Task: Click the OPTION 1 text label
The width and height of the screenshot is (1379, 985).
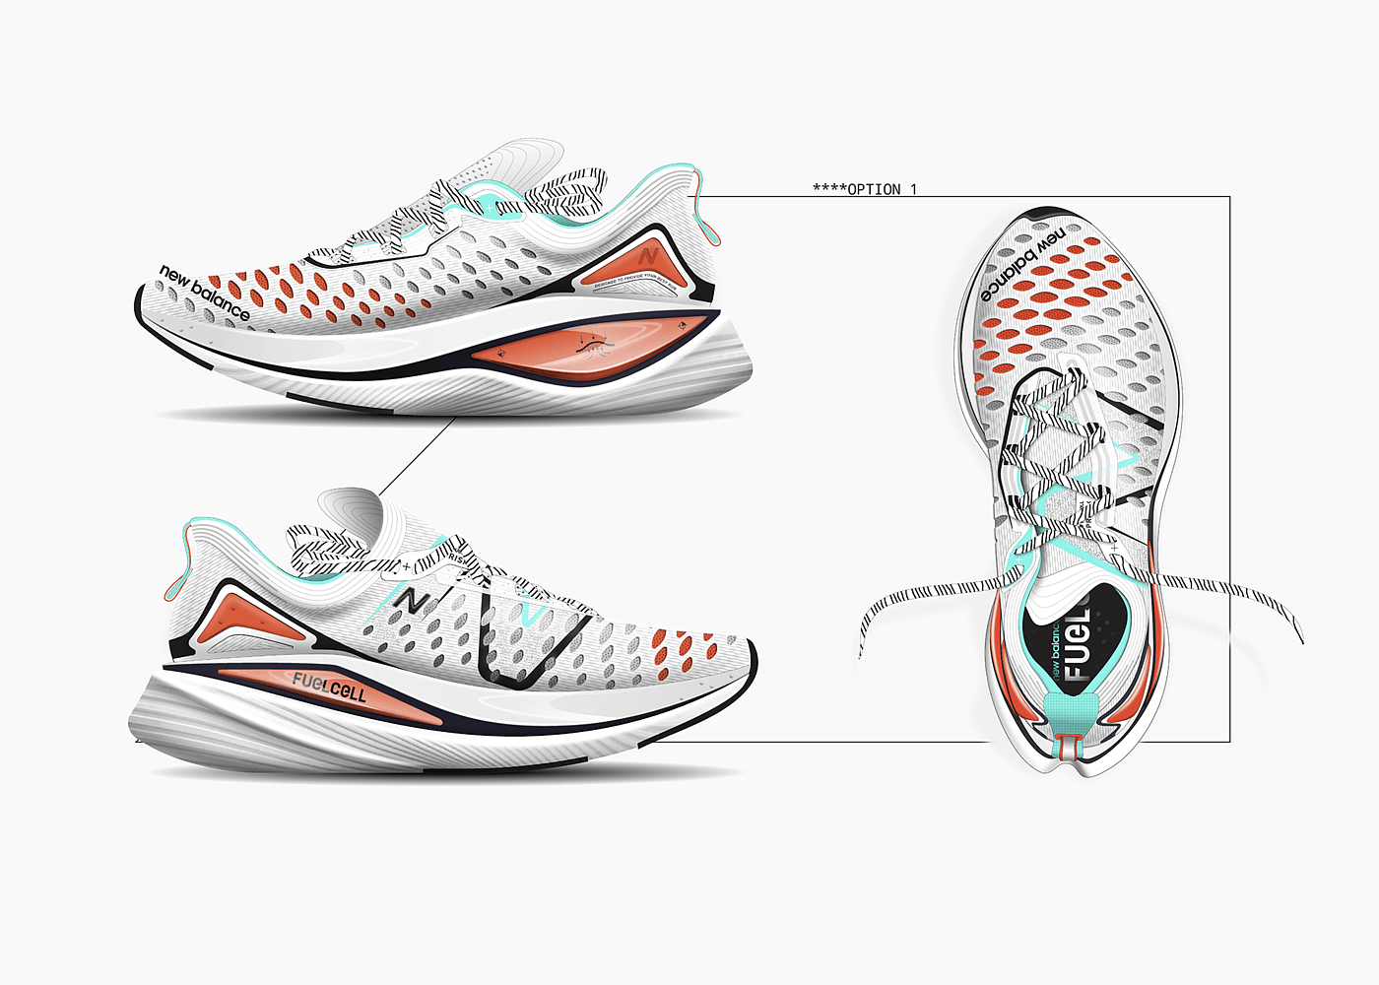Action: pyautogui.click(x=865, y=189)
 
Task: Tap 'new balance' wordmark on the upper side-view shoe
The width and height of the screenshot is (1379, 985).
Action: pyautogui.click(x=205, y=293)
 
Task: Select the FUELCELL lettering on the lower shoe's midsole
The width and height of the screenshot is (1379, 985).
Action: pyautogui.click(x=329, y=687)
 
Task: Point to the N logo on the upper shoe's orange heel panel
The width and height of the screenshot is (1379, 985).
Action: pyautogui.click(x=648, y=255)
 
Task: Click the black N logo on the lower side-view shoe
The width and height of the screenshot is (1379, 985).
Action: pyautogui.click(x=412, y=598)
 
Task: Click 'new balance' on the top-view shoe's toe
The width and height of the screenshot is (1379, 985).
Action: pyautogui.click(x=1021, y=264)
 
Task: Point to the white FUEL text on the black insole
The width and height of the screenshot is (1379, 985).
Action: pyautogui.click(x=1077, y=645)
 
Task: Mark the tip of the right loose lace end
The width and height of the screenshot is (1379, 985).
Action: pyautogui.click(x=1302, y=640)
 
